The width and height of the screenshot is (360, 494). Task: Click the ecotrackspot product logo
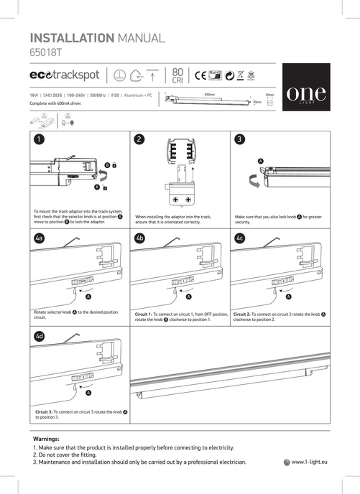(65, 75)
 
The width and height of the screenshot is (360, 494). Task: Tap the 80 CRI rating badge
(178, 75)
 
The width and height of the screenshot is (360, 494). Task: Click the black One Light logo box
(306, 93)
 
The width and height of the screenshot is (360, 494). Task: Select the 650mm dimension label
(211, 94)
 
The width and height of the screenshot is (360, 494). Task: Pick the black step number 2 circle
(140, 139)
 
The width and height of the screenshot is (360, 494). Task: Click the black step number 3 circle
(240, 139)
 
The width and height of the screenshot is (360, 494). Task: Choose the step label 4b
(140, 237)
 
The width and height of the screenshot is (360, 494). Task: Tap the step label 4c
(240, 237)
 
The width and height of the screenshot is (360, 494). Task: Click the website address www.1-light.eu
(310, 462)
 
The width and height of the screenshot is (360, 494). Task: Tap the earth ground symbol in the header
(121, 75)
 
